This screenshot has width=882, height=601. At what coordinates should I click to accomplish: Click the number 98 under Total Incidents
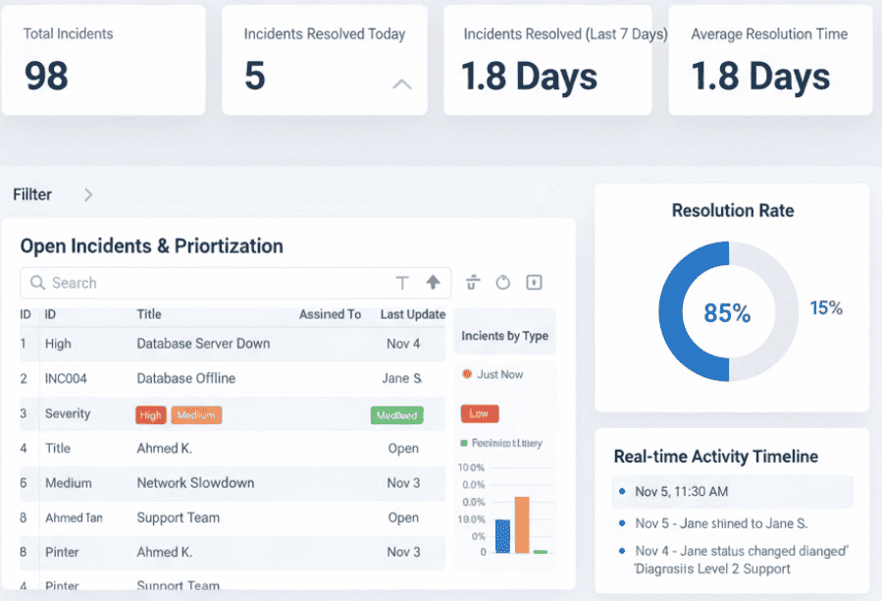pos(46,77)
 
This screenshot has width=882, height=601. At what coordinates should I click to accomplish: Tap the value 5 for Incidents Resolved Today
pos(255,77)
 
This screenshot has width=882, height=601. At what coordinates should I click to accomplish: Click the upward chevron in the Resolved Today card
pos(402,84)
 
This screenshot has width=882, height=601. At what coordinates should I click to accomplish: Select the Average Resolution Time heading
pos(769,33)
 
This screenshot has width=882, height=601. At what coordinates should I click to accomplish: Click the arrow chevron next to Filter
pos(88,194)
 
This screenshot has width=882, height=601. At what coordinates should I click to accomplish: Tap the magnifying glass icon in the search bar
pos(38,283)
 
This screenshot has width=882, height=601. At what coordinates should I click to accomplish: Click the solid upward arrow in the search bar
pos(433,283)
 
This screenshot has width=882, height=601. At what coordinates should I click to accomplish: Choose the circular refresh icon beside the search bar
pos(503,283)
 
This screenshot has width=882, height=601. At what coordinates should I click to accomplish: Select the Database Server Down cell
pos(203,344)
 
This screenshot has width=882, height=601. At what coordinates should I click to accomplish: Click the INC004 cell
pos(72,378)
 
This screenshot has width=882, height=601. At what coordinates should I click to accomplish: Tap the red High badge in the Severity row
pos(151,415)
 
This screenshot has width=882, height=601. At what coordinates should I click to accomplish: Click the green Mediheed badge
pos(396,415)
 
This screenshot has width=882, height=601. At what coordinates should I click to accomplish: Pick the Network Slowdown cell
pos(195,483)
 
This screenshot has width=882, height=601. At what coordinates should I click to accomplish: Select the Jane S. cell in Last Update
pos(401,378)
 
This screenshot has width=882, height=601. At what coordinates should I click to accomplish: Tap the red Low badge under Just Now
pos(480,413)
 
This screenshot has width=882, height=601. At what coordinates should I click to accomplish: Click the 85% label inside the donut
pos(727,313)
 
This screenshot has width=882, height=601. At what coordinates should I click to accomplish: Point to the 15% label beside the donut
pos(826,308)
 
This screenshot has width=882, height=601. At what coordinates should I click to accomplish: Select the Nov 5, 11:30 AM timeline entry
pos(681,492)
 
